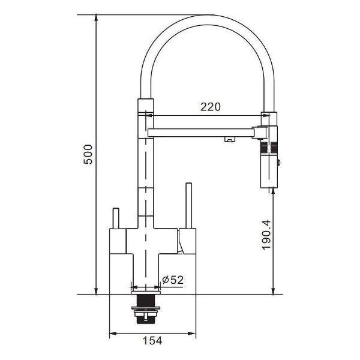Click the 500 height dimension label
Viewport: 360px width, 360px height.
[x=88, y=154]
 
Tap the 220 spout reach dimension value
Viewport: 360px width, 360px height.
[x=211, y=107]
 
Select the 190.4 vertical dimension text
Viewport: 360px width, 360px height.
[x=266, y=235]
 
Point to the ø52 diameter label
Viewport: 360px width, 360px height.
[x=173, y=280]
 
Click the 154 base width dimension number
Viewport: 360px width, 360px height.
[x=152, y=340]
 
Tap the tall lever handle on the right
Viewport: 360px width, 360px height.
[x=189, y=205]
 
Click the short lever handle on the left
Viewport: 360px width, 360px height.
[x=116, y=218]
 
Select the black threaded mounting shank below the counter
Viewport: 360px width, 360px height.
[x=145, y=309]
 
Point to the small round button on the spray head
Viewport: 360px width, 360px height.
[x=279, y=163]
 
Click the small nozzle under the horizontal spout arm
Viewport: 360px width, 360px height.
[x=230, y=139]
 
